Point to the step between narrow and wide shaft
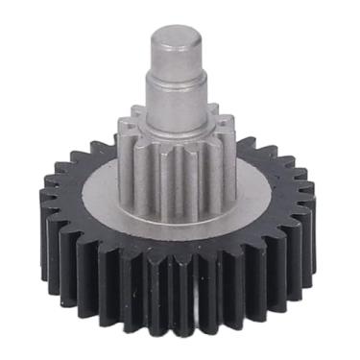(x=179, y=75)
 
